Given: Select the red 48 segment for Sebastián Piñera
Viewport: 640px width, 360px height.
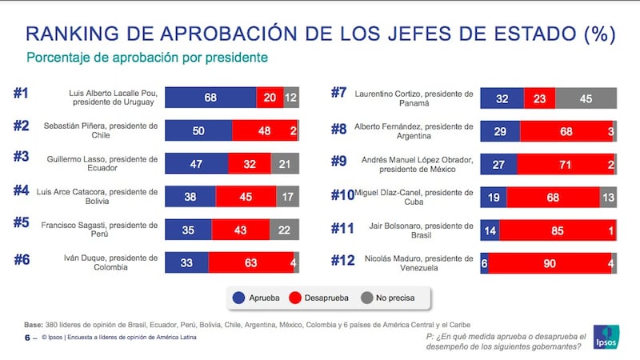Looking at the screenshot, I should [x=264, y=130].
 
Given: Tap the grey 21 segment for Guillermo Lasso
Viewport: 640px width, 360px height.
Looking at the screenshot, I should [x=284, y=163].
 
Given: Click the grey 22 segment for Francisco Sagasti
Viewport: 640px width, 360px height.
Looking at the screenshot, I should [x=284, y=229].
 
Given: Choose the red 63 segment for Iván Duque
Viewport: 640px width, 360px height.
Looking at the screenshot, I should [x=250, y=262].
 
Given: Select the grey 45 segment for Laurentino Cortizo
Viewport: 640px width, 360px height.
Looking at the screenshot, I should [x=586, y=98].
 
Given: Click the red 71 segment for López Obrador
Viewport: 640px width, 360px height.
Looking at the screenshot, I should [x=565, y=163].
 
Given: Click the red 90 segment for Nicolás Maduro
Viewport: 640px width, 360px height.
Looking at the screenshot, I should [x=550, y=262].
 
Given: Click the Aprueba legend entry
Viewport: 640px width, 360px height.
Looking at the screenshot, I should [x=256, y=298].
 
